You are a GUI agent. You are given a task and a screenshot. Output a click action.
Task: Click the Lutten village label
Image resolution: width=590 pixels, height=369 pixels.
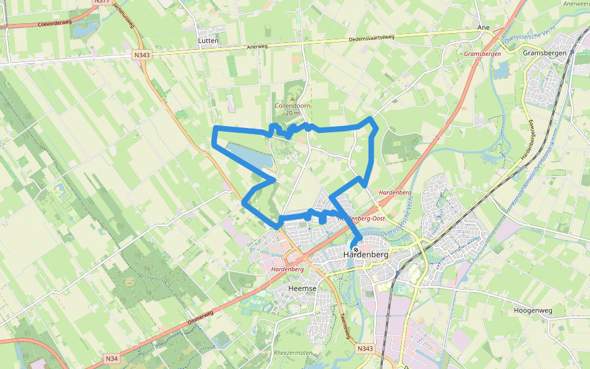(x=208, y=41)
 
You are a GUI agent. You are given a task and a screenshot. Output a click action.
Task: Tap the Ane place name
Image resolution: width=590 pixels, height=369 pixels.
(x=483, y=28)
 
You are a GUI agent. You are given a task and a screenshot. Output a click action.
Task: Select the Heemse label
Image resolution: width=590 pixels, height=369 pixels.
(x=302, y=288)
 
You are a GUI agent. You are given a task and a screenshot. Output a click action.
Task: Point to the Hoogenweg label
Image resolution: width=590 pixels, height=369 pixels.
(x=532, y=311)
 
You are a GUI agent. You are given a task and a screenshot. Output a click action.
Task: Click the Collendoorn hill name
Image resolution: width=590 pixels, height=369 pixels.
(x=293, y=106)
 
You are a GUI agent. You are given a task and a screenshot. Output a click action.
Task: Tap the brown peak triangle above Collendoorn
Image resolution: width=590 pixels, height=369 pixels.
(x=293, y=97)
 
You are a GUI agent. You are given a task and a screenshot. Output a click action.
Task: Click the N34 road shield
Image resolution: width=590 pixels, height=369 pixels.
(x=111, y=358)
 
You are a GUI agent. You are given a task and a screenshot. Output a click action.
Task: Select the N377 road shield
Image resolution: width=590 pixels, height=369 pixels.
(x=101, y=2)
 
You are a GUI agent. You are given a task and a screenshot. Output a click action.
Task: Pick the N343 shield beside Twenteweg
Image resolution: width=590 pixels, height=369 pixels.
(x=365, y=349)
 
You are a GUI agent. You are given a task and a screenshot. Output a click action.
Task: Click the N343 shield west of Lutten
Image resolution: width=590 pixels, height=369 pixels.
(x=141, y=55)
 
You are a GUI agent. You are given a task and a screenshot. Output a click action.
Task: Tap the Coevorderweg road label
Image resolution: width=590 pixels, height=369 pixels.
(x=55, y=24)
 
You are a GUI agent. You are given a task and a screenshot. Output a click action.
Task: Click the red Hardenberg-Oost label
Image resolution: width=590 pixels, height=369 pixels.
(x=363, y=219)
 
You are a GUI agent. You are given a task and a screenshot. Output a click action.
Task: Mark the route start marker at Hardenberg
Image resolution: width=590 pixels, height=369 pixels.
(x=355, y=250)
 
